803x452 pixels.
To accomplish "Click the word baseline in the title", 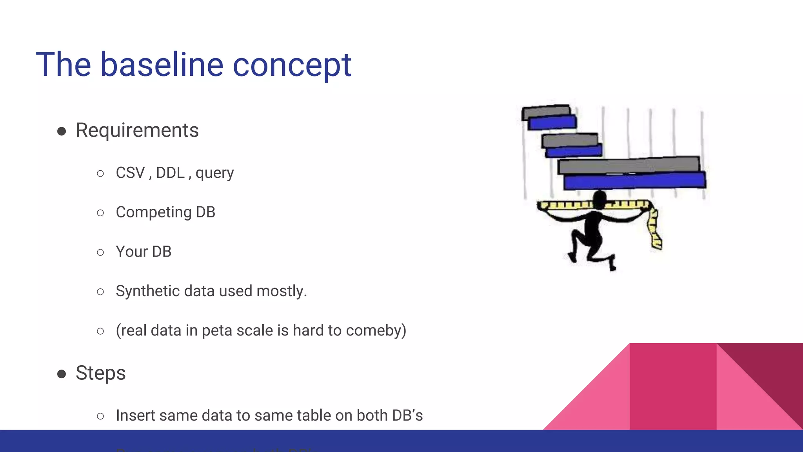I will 162,65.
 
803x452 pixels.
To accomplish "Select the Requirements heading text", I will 137,130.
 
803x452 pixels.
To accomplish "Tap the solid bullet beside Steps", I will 62,374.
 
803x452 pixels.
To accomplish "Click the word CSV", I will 130,173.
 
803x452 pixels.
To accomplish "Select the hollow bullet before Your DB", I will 100,252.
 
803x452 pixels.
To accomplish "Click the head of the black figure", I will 600,199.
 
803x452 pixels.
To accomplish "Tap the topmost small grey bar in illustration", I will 546,112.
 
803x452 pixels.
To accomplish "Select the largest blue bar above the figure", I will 634,181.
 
